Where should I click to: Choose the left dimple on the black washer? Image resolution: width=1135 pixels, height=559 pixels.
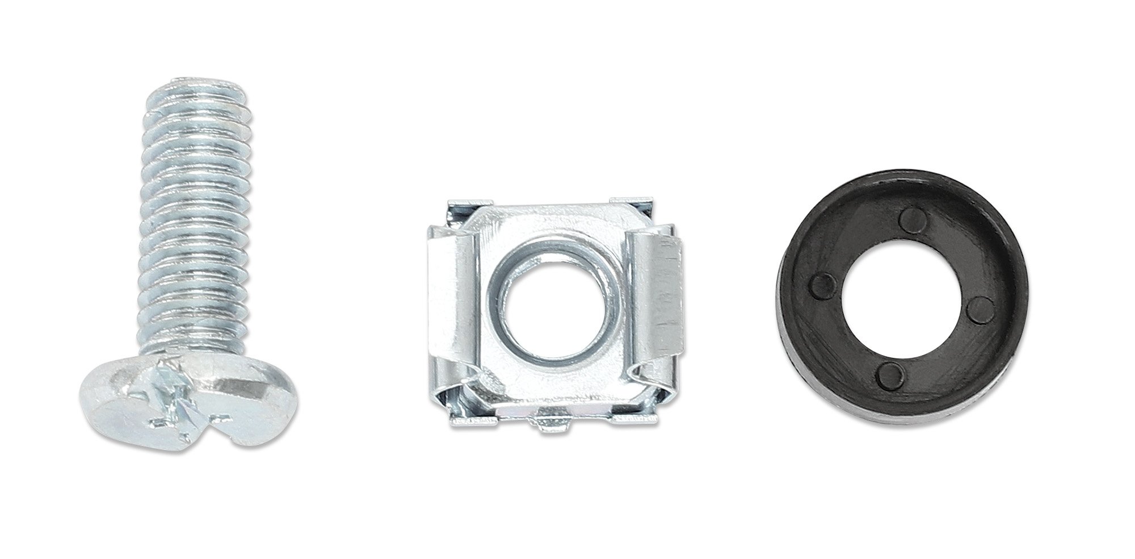824,282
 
